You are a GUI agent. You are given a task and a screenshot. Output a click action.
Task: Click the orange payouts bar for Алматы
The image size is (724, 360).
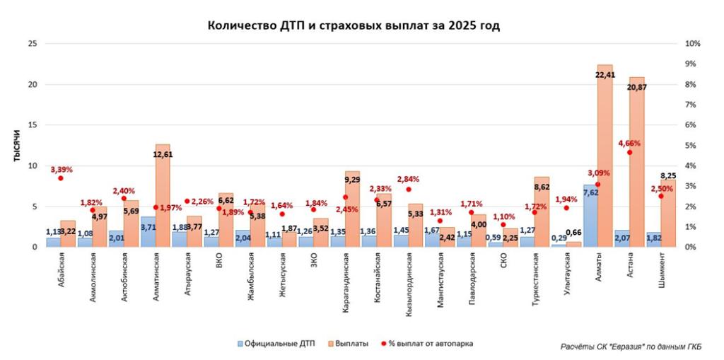(605, 163)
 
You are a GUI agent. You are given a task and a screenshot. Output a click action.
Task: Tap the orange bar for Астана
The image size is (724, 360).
(636, 170)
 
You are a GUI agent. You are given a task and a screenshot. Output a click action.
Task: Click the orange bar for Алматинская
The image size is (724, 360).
(163, 205)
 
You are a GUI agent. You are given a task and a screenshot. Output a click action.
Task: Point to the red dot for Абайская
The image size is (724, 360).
(61, 178)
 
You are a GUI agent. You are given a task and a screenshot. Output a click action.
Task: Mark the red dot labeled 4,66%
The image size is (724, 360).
(629, 152)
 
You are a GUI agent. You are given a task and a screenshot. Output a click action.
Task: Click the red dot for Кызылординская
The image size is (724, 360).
(408, 190)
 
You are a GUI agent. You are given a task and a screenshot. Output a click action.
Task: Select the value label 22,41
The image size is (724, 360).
(605, 75)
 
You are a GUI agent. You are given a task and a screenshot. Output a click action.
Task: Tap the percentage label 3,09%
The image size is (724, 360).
(598, 173)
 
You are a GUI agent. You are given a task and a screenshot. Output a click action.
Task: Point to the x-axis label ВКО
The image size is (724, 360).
(219, 260)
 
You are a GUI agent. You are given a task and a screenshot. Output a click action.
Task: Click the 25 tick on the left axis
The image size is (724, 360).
(31, 44)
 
